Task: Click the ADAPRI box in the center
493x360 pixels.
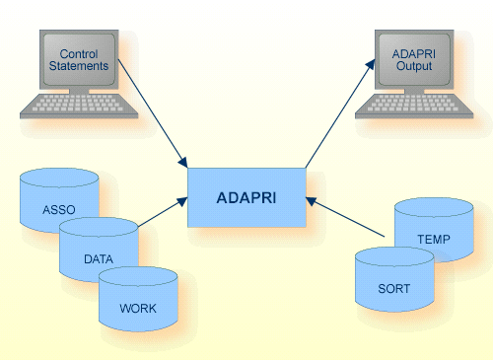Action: click(x=246, y=196)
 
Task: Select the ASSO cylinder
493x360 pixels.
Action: click(x=58, y=202)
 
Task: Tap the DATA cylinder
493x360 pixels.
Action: click(x=98, y=252)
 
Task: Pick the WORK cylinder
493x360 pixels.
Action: click(x=138, y=301)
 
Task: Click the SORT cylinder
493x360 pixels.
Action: click(x=393, y=281)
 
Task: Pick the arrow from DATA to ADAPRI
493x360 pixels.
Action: click(x=163, y=212)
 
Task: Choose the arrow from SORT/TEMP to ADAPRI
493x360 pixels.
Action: click(x=345, y=217)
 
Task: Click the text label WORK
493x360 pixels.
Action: click(x=138, y=308)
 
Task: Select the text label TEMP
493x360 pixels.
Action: click(x=434, y=239)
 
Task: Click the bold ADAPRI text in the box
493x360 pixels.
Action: click(x=246, y=196)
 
